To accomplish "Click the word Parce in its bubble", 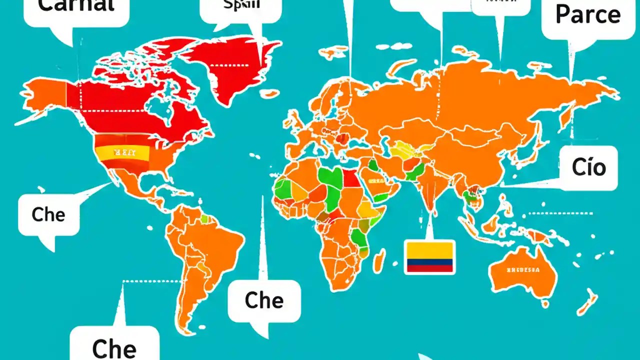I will (587, 15).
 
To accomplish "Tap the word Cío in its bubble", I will (589, 167).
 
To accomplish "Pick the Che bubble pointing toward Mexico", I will (48, 214).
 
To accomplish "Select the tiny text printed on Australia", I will (522, 270).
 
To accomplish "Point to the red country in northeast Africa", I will (351, 177).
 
